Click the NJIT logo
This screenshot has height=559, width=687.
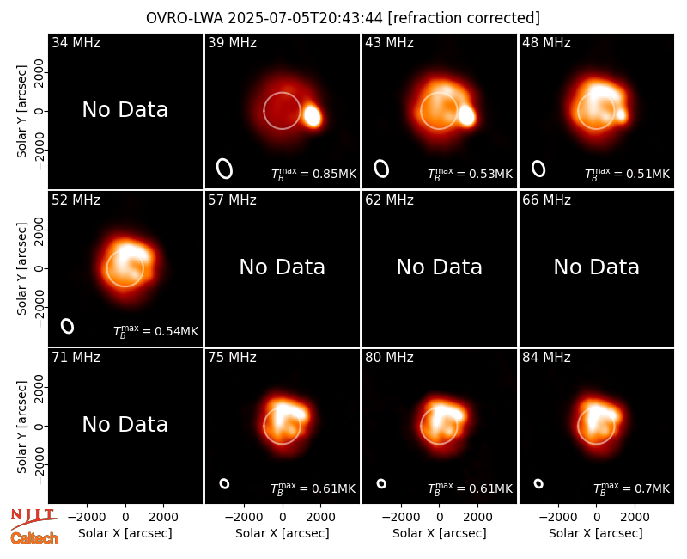(x=33, y=519)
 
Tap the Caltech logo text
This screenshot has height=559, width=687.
(x=34, y=538)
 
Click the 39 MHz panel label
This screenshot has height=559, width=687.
(x=232, y=42)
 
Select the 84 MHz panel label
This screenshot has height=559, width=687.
(x=546, y=358)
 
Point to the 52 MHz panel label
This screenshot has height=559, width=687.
(x=76, y=200)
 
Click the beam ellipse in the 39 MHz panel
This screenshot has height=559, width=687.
(x=224, y=169)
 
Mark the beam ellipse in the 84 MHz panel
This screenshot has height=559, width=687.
(x=538, y=483)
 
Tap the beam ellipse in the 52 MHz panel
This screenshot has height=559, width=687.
(x=67, y=326)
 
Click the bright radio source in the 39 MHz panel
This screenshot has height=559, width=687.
(x=313, y=116)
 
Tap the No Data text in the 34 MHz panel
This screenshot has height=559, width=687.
(x=125, y=110)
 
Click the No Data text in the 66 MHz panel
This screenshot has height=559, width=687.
(x=596, y=267)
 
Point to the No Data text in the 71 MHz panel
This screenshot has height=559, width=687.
(x=125, y=424)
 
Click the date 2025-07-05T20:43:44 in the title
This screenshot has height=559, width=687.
(x=306, y=18)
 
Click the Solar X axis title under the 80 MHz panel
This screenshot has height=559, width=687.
(x=440, y=533)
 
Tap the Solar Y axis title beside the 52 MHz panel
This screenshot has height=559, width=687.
(x=21, y=268)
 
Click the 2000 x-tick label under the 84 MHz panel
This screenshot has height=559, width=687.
(x=635, y=518)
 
